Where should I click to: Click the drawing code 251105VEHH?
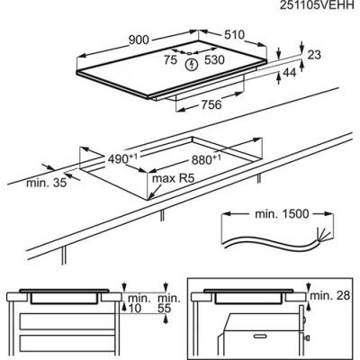pos(317,5)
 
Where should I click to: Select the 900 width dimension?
pos(139,40)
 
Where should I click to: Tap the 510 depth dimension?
pos(234,35)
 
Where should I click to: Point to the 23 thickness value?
pos(314,55)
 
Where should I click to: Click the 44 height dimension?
pos(290,72)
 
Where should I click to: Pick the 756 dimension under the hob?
pos(211,104)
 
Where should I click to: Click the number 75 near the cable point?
pos(170,60)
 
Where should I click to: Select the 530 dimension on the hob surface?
pos(214,59)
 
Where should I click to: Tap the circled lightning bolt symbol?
pos(191,64)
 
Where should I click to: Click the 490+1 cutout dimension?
pos(122,158)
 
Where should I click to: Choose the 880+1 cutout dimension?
pos(206,159)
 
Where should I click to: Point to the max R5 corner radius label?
pos(174,178)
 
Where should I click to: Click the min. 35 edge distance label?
pos(47,183)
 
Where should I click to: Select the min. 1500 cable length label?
pos(282,214)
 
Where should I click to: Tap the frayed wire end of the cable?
pos(324,235)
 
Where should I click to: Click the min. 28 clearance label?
pos(330,295)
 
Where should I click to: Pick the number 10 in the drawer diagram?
pos(134,309)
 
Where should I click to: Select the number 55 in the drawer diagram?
pos(164,309)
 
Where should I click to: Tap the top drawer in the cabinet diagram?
pos(67,321)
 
